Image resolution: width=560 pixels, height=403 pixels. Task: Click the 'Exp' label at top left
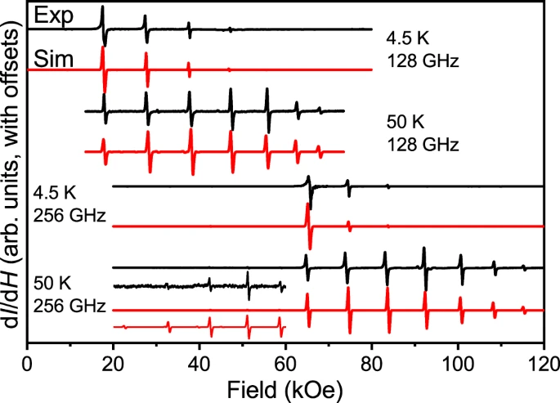(48, 14)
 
